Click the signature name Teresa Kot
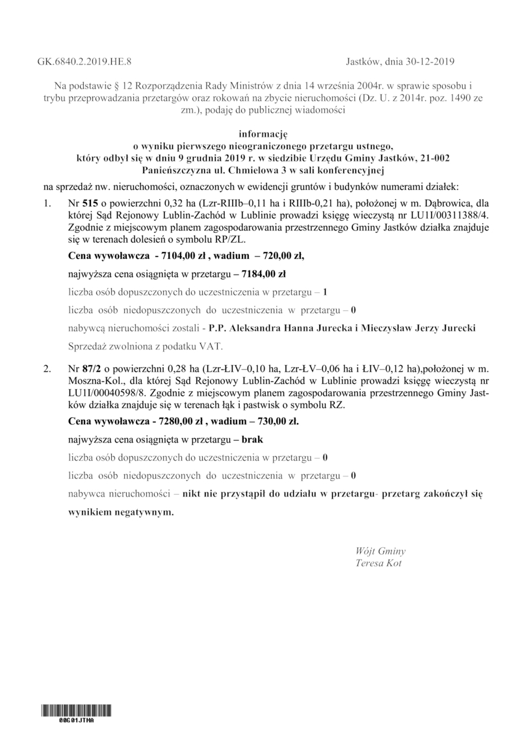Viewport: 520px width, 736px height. click(x=379, y=563)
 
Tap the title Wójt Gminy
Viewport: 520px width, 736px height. click(x=381, y=551)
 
